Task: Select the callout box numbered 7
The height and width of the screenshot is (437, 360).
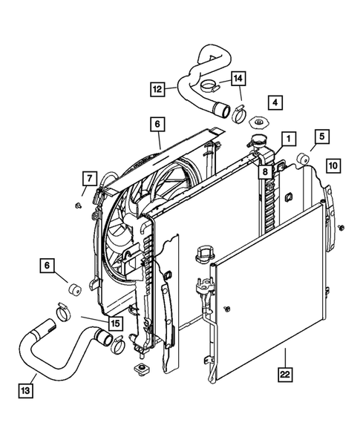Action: [88, 178]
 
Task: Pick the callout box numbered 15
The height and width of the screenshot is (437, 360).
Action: [115, 323]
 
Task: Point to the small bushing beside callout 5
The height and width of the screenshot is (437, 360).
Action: [303, 158]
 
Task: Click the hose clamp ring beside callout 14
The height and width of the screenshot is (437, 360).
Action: [239, 114]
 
